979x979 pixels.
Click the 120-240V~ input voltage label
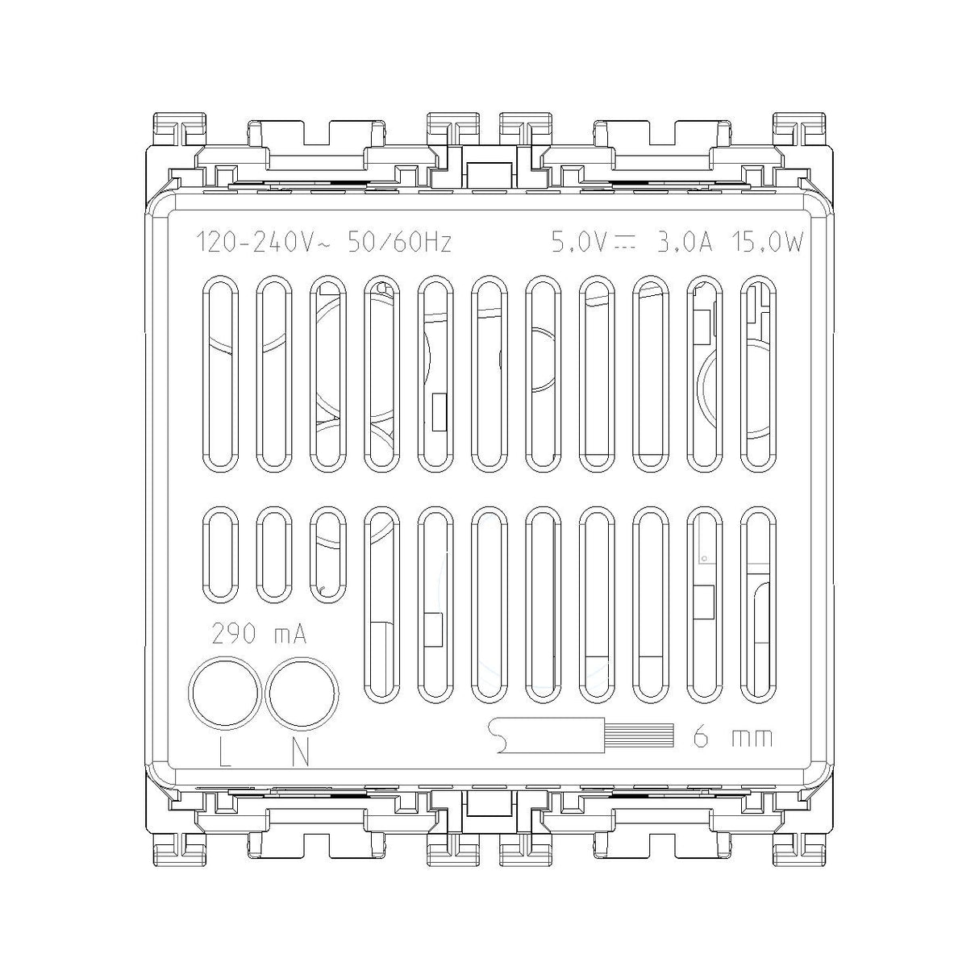coord(264,243)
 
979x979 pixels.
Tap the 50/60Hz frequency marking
coord(399,243)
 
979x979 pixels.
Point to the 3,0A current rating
coord(685,243)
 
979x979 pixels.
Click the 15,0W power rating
coord(767,243)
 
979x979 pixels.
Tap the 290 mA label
coord(259,634)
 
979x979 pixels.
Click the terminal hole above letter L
coord(224,691)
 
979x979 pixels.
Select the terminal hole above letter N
coord(302,691)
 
